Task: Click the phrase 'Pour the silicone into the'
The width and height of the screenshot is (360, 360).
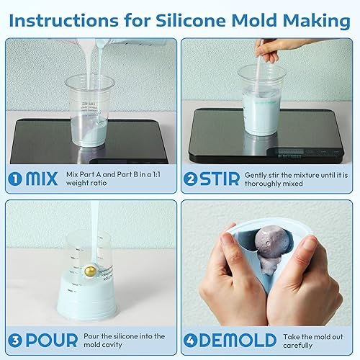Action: [x=129, y=336]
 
